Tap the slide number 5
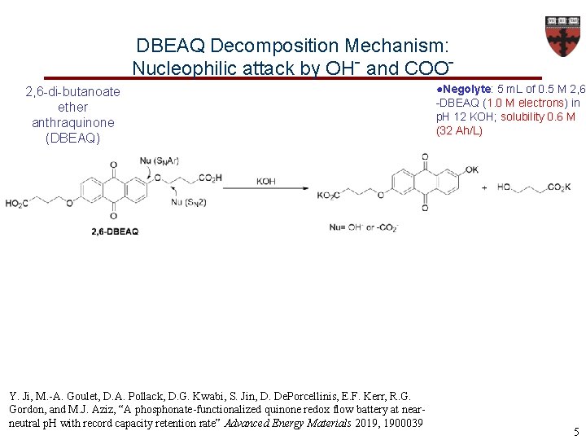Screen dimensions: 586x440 pyautogui.click(x=575, y=432)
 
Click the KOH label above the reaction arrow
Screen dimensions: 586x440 pyautogui.click(x=266, y=181)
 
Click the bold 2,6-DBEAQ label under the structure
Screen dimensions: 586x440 pyautogui.click(x=116, y=231)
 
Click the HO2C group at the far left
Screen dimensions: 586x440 pyautogui.click(x=18, y=203)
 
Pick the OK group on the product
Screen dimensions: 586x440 pyautogui.click(x=472, y=169)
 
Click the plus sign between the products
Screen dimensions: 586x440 pyautogui.click(x=485, y=187)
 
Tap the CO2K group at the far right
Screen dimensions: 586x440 pyautogui.click(x=558, y=187)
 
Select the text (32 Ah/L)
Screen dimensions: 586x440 pyautogui.click(x=459, y=130)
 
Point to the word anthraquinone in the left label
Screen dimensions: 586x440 pyautogui.click(x=73, y=122)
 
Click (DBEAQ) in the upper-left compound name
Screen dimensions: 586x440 pyautogui.click(x=73, y=138)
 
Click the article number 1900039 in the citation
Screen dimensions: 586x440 pyautogui.click(x=404, y=423)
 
